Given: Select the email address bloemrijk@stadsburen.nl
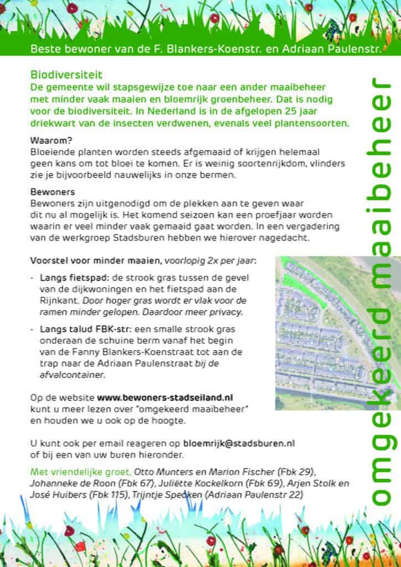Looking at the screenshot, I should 239,444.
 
